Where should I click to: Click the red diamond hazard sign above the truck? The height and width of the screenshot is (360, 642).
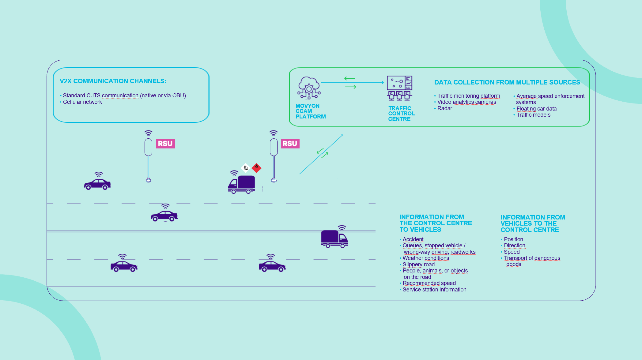click(256, 168)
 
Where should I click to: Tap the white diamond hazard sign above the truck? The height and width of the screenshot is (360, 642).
click(245, 168)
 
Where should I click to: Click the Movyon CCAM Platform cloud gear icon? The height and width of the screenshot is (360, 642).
click(309, 88)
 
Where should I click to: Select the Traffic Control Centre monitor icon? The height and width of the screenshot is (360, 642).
click(400, 88)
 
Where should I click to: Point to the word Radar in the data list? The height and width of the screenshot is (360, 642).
click(445, 108)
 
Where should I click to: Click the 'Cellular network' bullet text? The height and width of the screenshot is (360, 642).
click(82, 102)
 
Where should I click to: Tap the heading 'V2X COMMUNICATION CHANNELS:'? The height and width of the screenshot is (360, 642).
click(113, 81)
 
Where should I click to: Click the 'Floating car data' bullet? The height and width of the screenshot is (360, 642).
click(537, 109)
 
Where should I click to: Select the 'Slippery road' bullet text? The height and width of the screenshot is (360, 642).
click(419, 264)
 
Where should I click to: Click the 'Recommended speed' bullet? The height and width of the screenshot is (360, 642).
click(429, 283)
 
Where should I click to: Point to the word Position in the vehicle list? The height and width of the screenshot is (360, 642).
click(514, 239)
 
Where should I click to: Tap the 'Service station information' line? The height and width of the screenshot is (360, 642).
click(435, 290)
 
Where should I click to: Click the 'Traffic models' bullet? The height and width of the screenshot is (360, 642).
click(534, 115)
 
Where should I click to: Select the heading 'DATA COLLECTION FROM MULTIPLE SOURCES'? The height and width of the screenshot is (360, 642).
click(507, 82)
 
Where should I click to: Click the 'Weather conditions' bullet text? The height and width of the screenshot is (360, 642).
click(426, 258)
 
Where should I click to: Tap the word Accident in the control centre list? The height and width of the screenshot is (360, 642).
click(413, 239)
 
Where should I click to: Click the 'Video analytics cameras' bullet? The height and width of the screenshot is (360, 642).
click(466, 102)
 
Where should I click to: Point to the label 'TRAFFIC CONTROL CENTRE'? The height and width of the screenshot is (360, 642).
click(402, 114)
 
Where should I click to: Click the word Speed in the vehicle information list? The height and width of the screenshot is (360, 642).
click(512, 252)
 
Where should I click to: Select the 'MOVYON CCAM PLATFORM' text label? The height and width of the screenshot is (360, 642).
click(311, 111)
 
